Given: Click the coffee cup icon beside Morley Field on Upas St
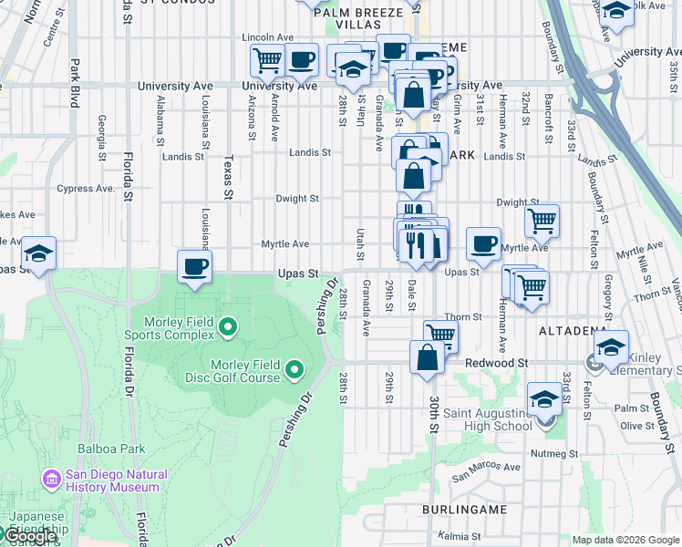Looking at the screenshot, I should click(194, 267).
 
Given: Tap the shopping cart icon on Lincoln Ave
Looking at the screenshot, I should click(266, 60).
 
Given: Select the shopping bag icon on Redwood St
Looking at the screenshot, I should click(427, 356).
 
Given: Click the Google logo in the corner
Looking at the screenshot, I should click(29, 537).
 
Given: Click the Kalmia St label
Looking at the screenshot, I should click(458, 535).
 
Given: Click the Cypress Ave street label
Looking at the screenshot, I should click(86, 189).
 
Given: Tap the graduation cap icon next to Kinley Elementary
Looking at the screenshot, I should click(611, 347).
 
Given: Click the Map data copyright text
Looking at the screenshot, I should click(625, 540).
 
